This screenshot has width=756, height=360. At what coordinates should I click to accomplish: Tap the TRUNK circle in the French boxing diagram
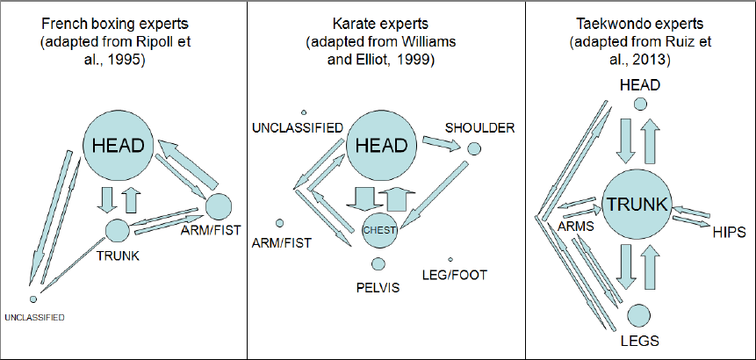(x=117, y=231)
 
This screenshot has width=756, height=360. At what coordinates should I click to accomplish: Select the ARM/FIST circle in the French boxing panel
(x=218, y=207)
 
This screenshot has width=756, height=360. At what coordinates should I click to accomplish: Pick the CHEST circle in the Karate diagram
(x=379, y=229)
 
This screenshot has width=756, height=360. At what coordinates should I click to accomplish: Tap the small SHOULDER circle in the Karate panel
(x=473, y=149)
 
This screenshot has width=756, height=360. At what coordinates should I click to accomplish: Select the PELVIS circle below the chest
(x=378, y=264)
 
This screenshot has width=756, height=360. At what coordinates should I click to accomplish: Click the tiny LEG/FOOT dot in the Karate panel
(x=450, y=259)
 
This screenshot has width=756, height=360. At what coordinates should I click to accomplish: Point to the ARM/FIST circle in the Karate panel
(x=280, y=223)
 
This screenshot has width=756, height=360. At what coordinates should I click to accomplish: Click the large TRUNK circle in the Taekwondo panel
(x=639, y=205)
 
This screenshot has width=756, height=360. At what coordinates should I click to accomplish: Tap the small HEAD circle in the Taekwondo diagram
(x=641, y=104)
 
